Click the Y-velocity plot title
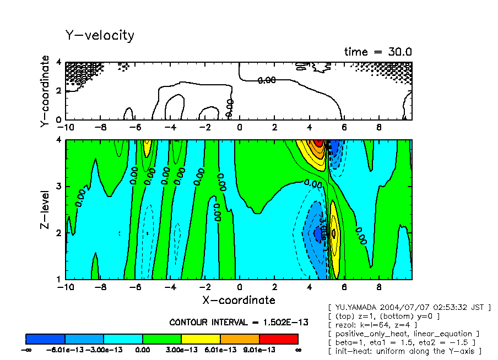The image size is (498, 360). click(x=100, y=36)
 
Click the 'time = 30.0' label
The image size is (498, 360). click(x=378, y=52)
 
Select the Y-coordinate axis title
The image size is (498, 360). click(x=45, y=91)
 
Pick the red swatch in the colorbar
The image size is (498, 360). click(x=278, y=339)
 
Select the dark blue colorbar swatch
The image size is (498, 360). click(x=46, y=339)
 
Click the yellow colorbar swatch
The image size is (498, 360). click(x=201, y=339)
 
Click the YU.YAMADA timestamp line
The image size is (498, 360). click(x=409, y=307)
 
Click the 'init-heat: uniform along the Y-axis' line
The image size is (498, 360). click(x=405, y=351)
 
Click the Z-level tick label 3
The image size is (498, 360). click(x=59, y=187)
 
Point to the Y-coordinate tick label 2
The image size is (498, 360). click(x=59, y=91)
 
